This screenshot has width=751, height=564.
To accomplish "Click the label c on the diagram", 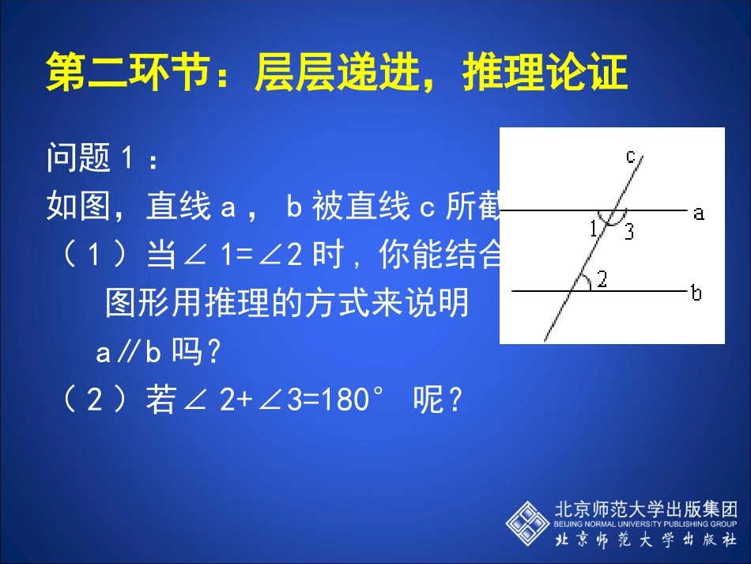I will (x=631, y=156).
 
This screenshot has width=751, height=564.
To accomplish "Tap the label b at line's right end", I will (x=696, y=293).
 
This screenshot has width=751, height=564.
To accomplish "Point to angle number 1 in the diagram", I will (x=594, y=229).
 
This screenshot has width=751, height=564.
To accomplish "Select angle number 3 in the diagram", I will (x=628, y=231).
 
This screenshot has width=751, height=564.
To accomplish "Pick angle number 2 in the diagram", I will (x=602, y=279).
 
